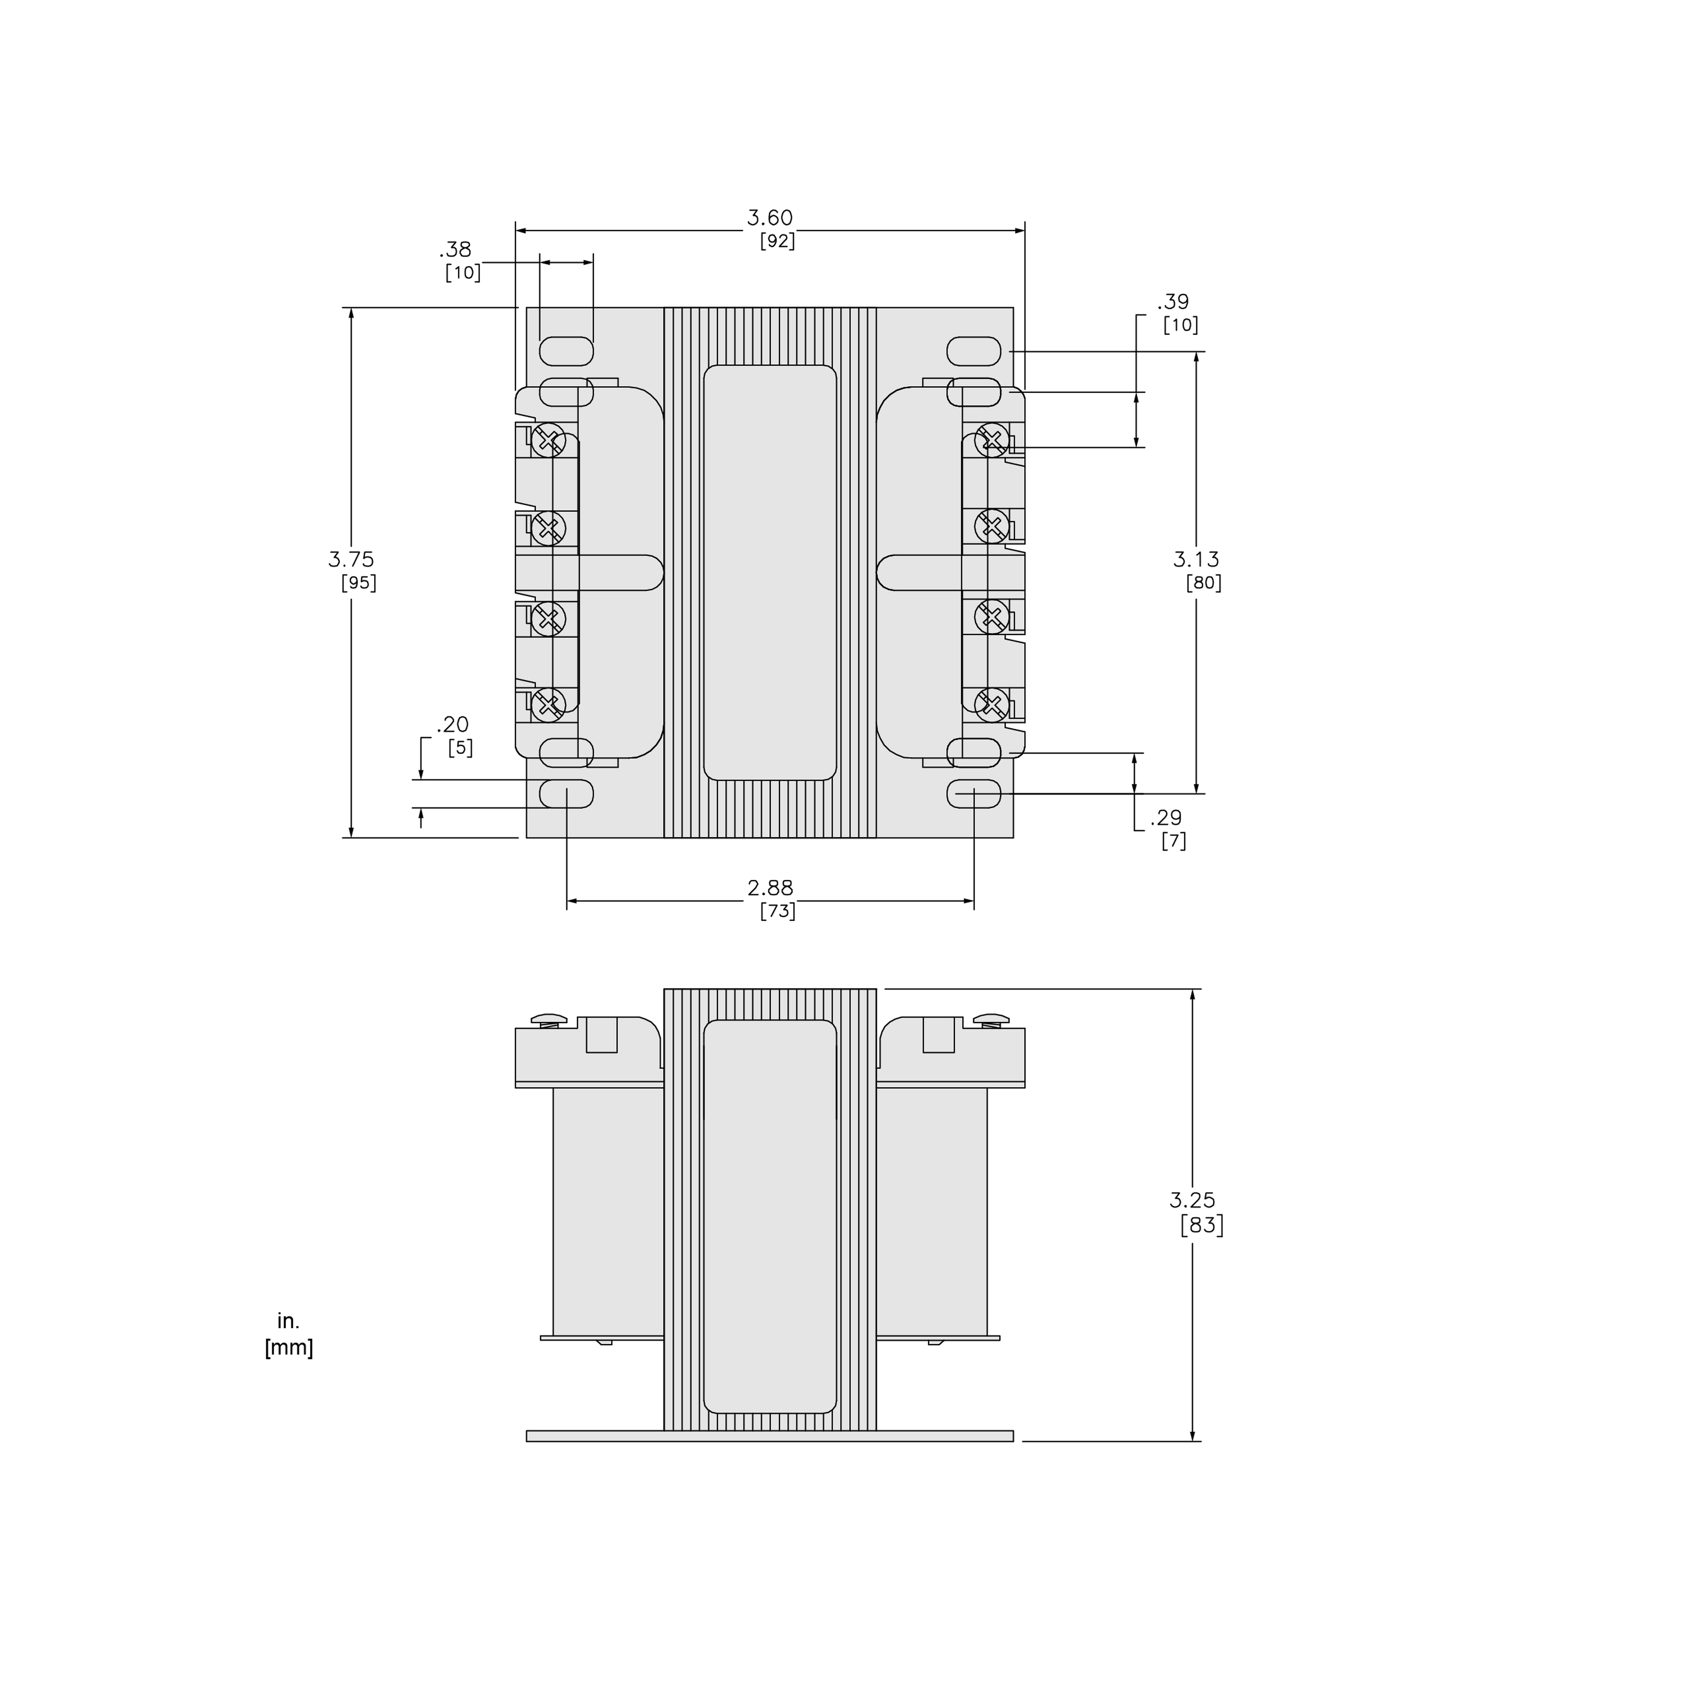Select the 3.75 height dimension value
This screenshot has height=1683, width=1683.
[351, 559]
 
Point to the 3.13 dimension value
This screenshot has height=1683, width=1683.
[1196, 559]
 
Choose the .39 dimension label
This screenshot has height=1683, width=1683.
[1173, 302]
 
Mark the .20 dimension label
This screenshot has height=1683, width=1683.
[453, 724]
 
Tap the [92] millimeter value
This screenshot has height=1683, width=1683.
[777, 241]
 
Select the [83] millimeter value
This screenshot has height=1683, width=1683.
[1202, 1226]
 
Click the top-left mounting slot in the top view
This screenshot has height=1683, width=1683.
[566, 351]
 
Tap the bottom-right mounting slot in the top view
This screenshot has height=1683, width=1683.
[974, 794]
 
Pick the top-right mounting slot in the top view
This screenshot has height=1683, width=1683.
[974, 351]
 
